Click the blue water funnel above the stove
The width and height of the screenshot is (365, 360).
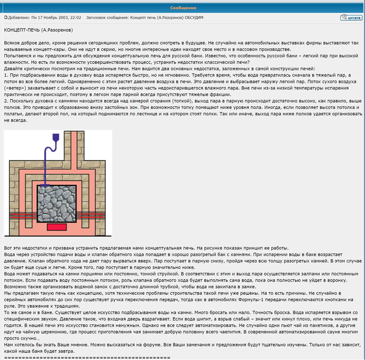(55, 137)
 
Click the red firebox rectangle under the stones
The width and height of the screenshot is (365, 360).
(57, 227)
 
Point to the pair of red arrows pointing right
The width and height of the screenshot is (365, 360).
(92, 215)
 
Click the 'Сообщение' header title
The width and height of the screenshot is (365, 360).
(183, 8)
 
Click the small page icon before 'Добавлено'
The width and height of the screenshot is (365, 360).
(6, 17)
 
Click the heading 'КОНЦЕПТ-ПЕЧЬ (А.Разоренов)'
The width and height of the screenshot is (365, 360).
(38, 30)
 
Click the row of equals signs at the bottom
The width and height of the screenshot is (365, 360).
(87, 357)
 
